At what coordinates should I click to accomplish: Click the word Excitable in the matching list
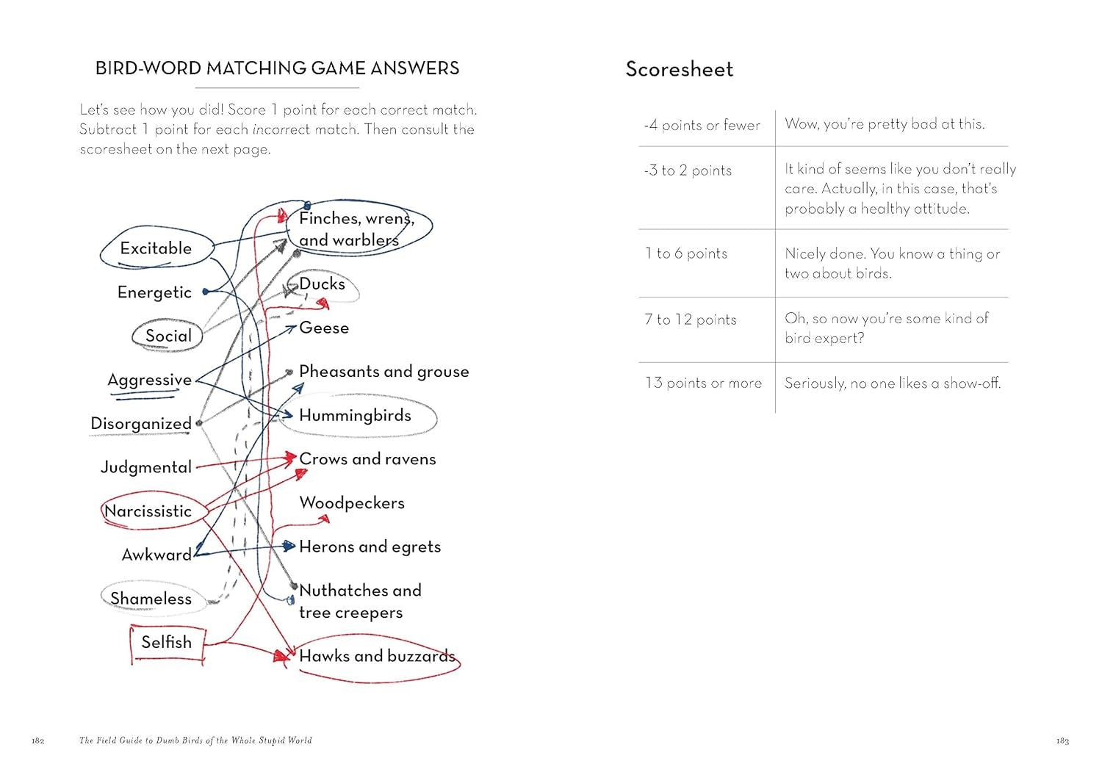(156, 248)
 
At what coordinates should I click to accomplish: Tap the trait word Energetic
(154, 292)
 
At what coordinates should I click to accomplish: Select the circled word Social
(168, 336)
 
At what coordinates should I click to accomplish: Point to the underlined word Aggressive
(149, 380)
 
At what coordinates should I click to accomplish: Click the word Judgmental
(146, 467)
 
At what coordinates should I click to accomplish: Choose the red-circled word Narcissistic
(148, 511)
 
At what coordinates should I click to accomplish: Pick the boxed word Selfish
(167, 642)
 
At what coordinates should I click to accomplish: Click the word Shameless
(151, 599)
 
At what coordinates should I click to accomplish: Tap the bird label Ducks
(322, 284)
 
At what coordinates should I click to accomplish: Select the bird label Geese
(324, 328)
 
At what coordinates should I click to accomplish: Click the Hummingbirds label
(355, 415)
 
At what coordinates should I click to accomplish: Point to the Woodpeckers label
(352, 502)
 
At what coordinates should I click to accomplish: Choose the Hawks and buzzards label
(377, 656)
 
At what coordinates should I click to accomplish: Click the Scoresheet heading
(680, 69)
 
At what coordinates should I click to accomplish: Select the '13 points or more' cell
(703, 383)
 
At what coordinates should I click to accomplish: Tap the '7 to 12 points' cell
(691, 320)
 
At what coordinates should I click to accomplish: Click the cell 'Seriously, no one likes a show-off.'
(893, 383)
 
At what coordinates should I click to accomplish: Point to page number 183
(1062, 740)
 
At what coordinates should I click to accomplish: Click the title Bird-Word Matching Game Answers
(278, 68)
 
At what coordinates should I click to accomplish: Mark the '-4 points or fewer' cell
(702, 125)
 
